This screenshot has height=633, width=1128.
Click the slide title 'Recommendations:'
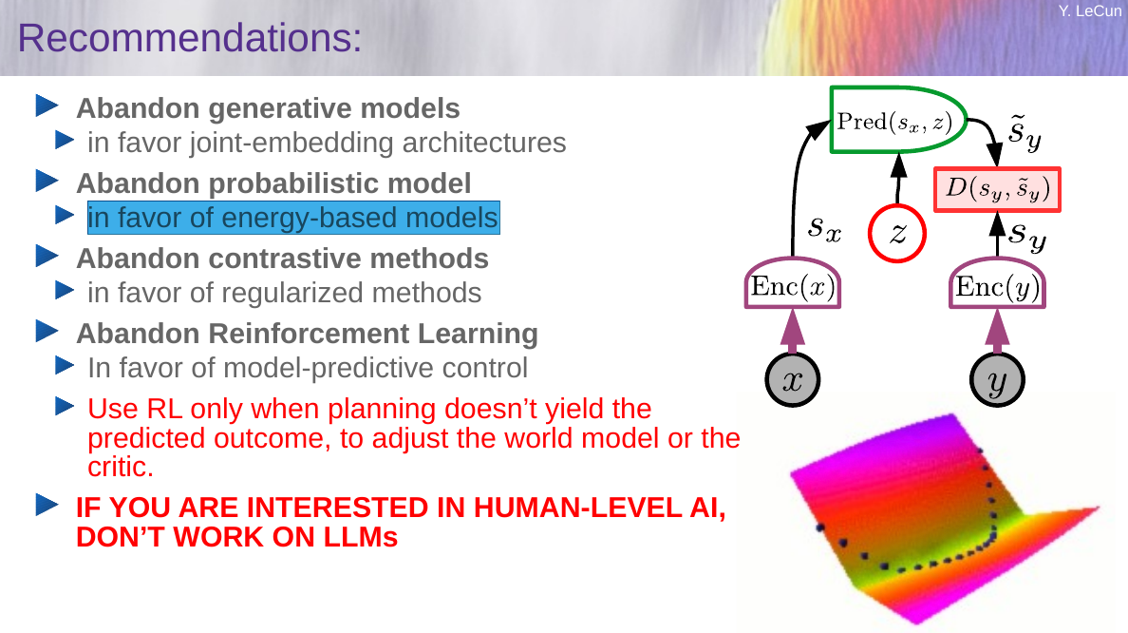[189, 38]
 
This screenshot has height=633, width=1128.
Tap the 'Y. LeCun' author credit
[1088, 10]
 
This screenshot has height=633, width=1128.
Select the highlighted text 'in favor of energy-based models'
[293, 218]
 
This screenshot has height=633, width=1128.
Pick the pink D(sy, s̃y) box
[997, 189]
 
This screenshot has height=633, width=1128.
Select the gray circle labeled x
[793, 380]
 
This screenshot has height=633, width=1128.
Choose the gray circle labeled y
[997, 380]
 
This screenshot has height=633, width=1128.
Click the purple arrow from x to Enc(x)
[793, 331]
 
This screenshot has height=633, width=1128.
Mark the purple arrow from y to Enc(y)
[997, 331]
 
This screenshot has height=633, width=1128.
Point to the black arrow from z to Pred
[898, 180]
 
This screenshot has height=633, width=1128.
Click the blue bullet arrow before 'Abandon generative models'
[47, 105]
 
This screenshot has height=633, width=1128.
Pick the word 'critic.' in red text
[121, 468]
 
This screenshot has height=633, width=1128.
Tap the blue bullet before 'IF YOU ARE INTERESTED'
[47, 505]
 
